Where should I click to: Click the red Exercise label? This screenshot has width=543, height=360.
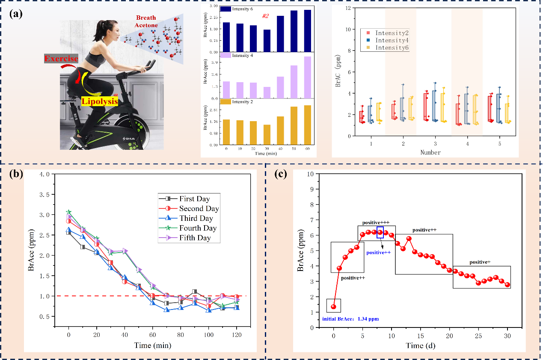coord(62,58)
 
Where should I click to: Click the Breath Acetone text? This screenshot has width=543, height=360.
coord(146,21)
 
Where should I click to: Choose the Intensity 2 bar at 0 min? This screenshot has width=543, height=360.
coord(226,132)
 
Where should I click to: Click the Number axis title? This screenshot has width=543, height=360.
coord(430,152)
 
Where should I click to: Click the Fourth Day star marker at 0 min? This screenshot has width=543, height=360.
coord(68,212)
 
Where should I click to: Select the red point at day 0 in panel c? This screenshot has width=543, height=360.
coord(334,306)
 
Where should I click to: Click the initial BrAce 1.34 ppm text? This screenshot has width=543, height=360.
coord(350,319)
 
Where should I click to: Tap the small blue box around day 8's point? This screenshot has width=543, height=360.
coord(380,233)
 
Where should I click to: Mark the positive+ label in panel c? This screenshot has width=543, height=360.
coord(480,262)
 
